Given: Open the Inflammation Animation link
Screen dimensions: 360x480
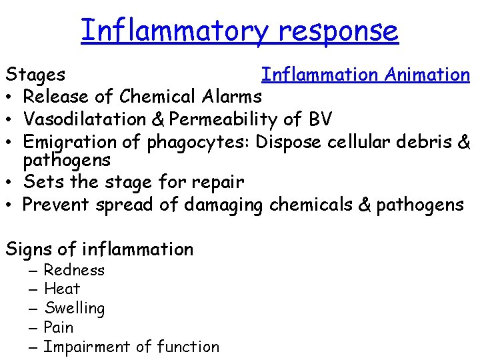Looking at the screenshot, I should (365, 75).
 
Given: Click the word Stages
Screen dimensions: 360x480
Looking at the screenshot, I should (35, 75).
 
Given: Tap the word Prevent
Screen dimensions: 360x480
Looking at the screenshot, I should (57, 204).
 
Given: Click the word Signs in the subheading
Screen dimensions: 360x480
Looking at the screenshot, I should (29, 249).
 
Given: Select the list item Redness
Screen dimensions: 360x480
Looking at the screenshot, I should (74, 270).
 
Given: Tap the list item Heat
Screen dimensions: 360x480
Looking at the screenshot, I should (62, 289).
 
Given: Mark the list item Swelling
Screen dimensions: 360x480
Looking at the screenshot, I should (74, 309).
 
